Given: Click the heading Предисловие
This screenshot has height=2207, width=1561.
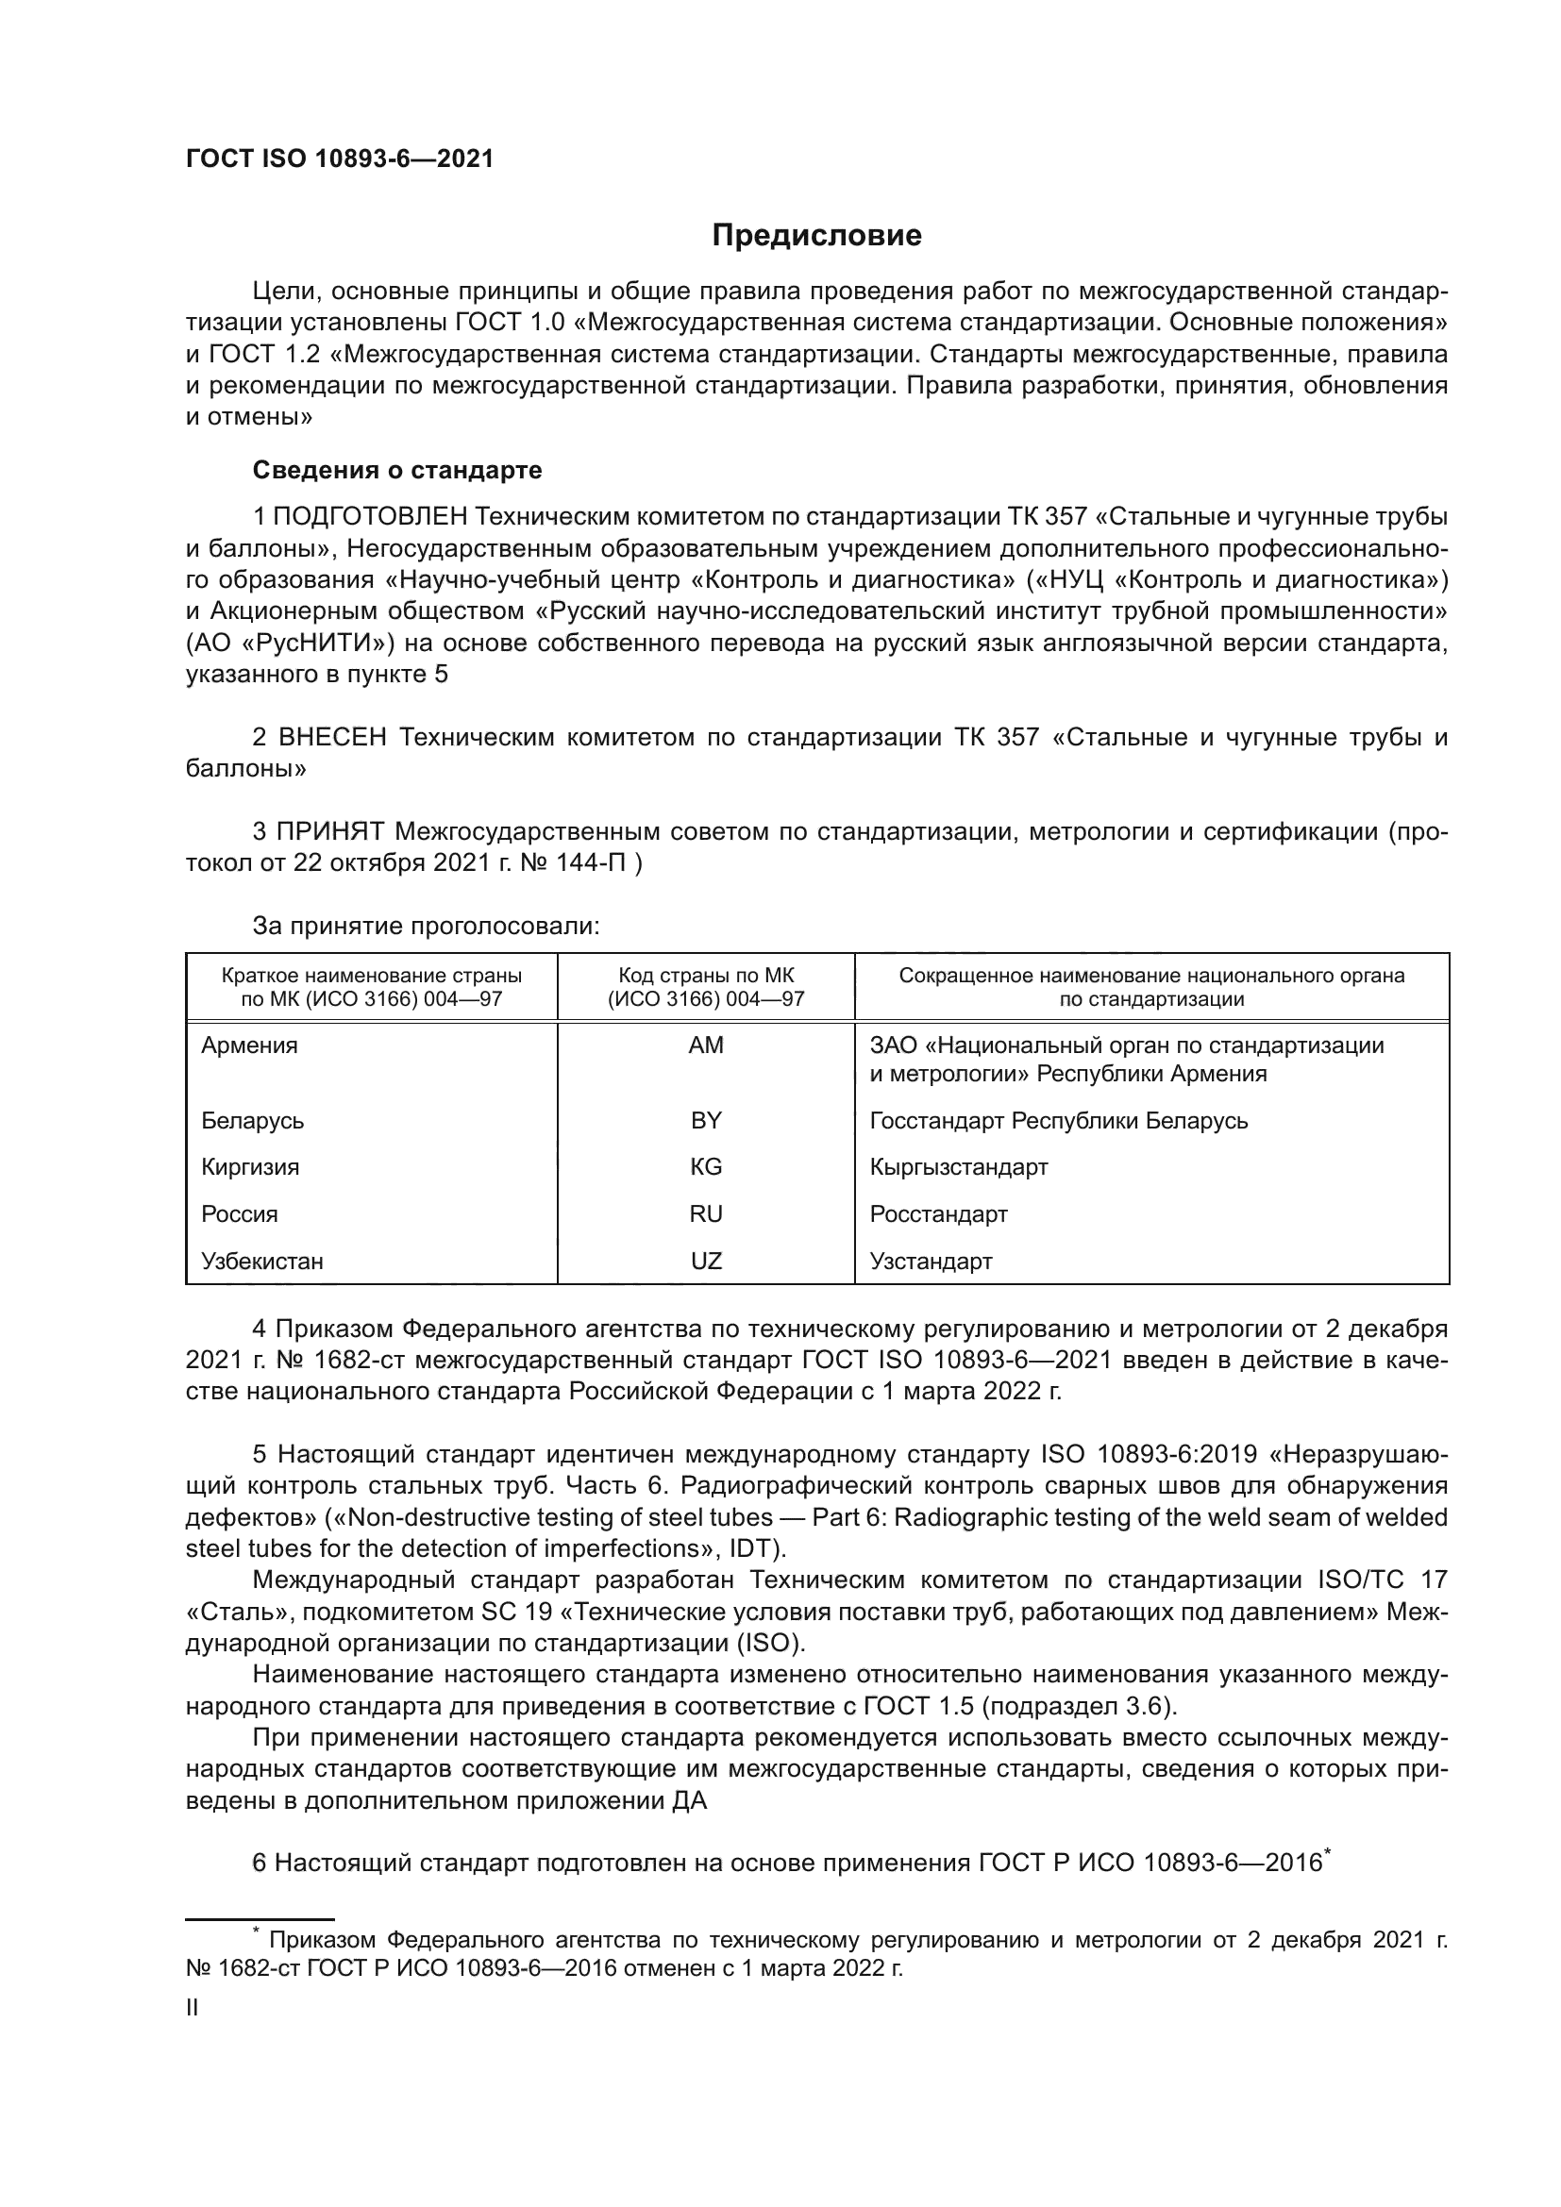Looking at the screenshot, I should [x=816, y=236].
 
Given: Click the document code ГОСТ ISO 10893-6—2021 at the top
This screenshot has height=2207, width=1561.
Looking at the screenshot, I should [x=340, y=159].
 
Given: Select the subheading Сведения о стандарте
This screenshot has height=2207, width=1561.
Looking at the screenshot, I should [x=397, y=470].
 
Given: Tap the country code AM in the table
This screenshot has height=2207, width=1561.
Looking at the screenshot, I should [x=706, y=1045].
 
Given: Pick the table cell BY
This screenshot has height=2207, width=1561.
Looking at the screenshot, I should [x=706, y=1121].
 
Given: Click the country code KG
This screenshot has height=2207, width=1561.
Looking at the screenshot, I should [x=706, y=1167].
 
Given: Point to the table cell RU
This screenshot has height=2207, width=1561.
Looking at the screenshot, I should [x=706, y=1214].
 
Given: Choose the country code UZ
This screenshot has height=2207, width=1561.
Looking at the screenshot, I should [x=706, y=1262].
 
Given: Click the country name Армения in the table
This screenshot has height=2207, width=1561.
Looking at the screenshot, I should [x=249, y=1045].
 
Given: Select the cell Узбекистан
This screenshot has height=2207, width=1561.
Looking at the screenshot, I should [x=261, y=1262].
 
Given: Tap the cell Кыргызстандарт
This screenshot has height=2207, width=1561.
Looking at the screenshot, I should [x=958, y=1167].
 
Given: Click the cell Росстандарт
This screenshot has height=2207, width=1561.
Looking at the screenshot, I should [x=938, y=1214].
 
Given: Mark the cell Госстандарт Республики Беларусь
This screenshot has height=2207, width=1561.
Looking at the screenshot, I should [x=1058, y=1121].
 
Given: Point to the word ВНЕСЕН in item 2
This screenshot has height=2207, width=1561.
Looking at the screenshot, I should [x=332, y=737].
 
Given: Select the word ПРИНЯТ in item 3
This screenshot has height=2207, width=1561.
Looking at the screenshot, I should [x=330, y=831].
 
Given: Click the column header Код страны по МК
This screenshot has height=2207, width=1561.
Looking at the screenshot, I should [x=706, y=976].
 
